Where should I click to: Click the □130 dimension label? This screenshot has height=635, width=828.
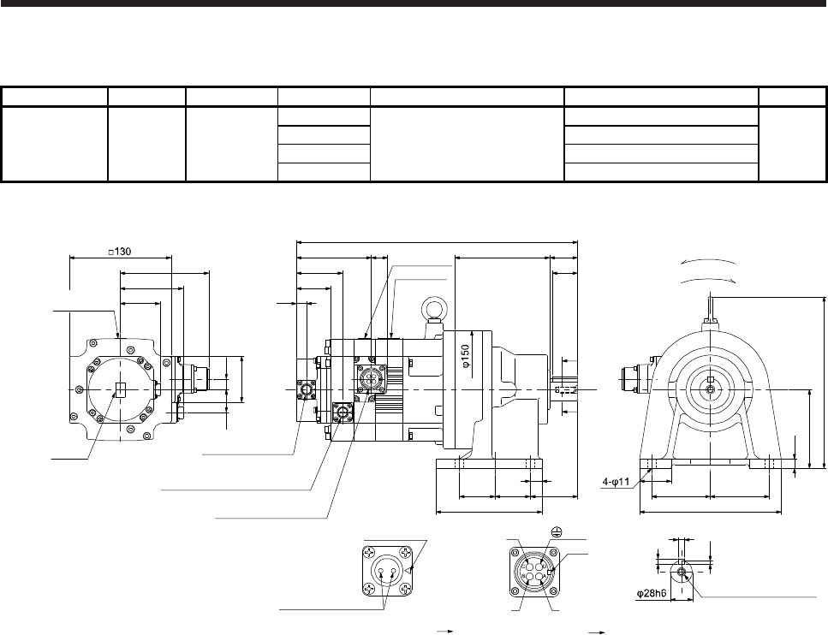pyautogui.click(x=119, y=252)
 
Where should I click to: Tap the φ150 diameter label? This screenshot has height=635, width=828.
pyautogui.click(x=465, y=356)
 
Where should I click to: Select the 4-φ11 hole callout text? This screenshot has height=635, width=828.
pyautogui.click(x=617, y=482)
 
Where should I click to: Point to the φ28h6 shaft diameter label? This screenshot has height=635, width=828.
pyautogui.click(x=652, y=594)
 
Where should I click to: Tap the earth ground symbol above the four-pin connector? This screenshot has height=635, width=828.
pyautogui.click(x=555, y=531)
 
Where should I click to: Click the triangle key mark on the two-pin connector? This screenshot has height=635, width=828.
pyautogui.click(x=410, y=570)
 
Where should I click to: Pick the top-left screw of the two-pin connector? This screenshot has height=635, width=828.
pyautogui.click(x=368, y=553)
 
